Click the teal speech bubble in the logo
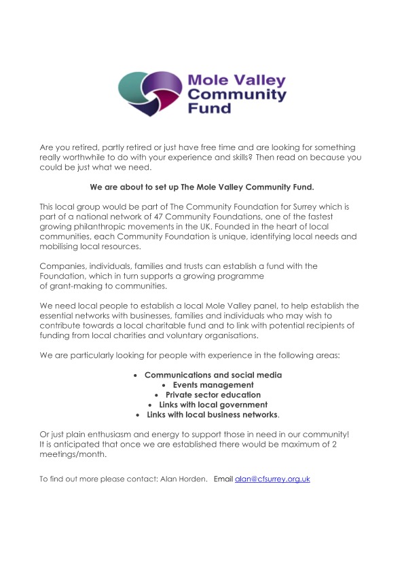tap(136, 87)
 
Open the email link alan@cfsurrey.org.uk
tap(272, 479)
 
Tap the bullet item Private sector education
tap(213, 394)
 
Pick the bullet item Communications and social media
tap(213, 375)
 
